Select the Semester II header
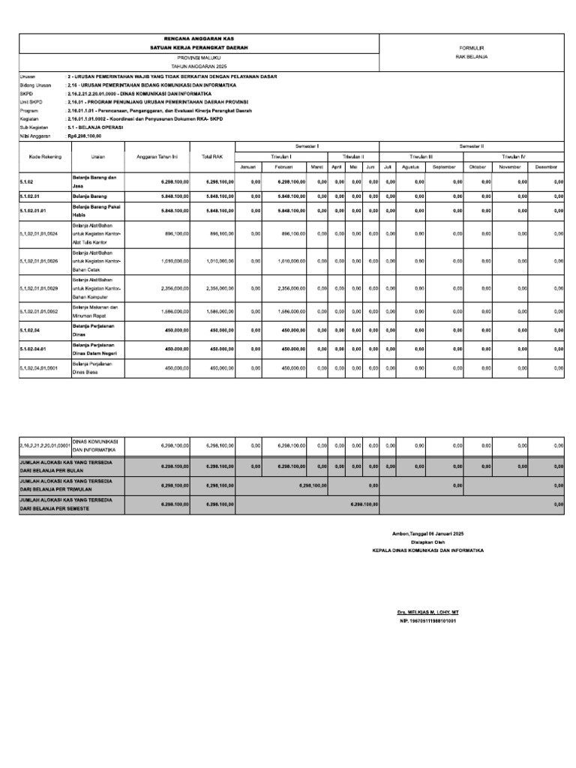click(x=472, y=145)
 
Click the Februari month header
click(x=283, y=166)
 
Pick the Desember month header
click(x=546, y=166)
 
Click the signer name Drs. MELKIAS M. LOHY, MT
click(x=427, y=613)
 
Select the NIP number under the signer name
click(x=427, y=621)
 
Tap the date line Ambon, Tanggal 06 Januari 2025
click(x=427, y=532)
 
